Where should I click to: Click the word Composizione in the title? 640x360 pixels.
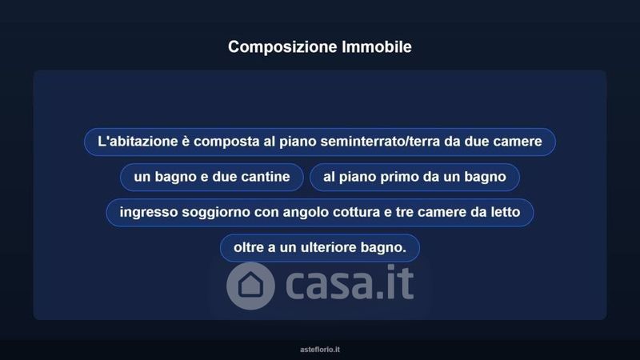tap(282, 47)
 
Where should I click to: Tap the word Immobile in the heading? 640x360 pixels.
tap(377, 46)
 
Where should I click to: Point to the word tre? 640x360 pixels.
tap(405, 212)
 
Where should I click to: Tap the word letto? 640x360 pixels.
tap(505, 212)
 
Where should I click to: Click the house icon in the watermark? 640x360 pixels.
tap(250, 285)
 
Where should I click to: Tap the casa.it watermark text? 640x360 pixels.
tap(350, 283)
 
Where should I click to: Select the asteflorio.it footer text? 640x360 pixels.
tap(320, 350)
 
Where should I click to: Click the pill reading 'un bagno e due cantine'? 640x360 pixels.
tap(212, 177)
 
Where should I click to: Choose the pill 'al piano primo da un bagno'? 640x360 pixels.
tap(414, 177)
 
